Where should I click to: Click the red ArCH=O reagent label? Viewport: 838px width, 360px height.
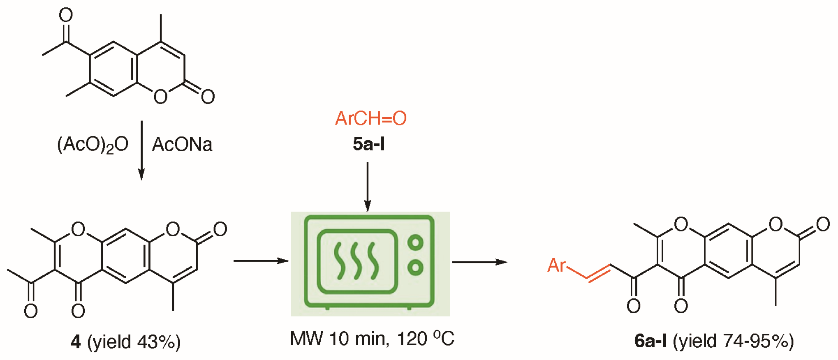(370, 119)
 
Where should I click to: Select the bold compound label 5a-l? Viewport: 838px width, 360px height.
(368, 144)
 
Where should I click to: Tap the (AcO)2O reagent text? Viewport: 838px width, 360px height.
(93, 145)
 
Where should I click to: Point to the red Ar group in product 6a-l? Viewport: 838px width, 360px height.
(556, 265)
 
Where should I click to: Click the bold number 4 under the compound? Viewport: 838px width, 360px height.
(76, 342)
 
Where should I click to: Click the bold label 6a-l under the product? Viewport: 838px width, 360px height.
(650, 341)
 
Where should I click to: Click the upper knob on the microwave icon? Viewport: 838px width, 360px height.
(415, 242)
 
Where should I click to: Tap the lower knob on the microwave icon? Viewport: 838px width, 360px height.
(415, 268)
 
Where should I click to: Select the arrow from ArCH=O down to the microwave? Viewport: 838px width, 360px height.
(368, 187)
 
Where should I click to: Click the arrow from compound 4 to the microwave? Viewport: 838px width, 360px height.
(261, 261)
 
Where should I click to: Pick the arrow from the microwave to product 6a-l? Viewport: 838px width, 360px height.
(479, 262)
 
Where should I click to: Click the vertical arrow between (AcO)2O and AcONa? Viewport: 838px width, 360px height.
(141, 150)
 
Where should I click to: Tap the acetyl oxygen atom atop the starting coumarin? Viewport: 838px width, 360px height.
(66, 15)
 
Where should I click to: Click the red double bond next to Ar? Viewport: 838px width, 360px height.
(598, 273)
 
